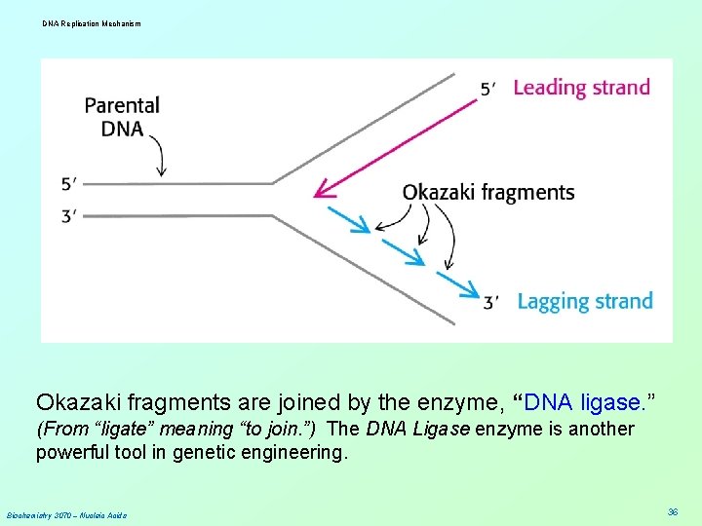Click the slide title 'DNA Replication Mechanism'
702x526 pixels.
point(92,22)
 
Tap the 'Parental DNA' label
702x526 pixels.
point(122,116)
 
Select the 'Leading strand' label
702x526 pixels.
point(581,87)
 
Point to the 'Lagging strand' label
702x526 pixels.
point(584,301)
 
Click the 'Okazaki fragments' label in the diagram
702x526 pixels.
point(488,192)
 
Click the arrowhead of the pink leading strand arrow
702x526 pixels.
point(322,194)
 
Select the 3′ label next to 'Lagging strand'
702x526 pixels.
point(492,303)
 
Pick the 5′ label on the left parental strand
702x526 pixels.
point(68,183)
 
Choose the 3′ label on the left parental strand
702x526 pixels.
point(68,215)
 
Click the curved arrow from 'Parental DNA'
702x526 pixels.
point(162,156)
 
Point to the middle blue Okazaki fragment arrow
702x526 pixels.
point(402,250)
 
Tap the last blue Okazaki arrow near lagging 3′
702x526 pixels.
point(457,284)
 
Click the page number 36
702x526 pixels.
point(673,511)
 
